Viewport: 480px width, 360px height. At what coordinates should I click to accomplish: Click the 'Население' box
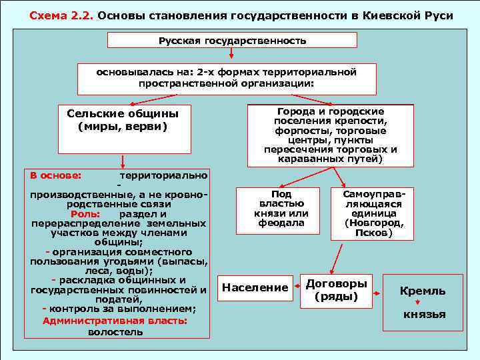255,288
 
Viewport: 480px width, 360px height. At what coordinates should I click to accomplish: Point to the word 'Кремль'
423,291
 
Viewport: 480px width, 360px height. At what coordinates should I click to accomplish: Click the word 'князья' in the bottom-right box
424,315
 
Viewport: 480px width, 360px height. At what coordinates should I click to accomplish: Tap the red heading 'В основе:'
56,175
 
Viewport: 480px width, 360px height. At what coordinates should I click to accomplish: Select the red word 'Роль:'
85,214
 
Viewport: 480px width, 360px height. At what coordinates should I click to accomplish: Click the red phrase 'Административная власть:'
115,321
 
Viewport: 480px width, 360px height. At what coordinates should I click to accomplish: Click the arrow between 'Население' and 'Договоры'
295,287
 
